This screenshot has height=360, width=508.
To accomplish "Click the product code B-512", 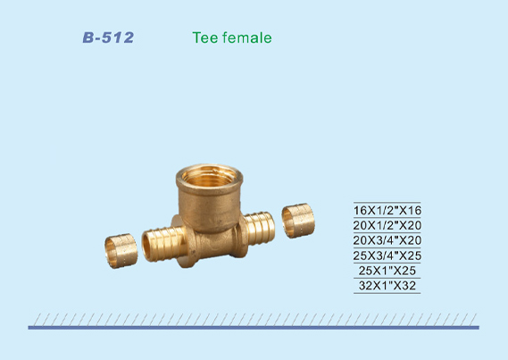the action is click(x=108, y=38).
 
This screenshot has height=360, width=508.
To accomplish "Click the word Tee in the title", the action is click(x=204, y=38).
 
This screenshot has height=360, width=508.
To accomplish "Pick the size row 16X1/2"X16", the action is click(x=387, y=210).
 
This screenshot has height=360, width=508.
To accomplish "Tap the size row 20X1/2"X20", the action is click(x=387, y=225).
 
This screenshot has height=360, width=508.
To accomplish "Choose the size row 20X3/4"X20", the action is click(x=387, y=240).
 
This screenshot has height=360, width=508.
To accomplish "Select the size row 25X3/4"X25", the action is click(x=387, y=255).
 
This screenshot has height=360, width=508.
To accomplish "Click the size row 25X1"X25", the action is click(x=387, y=271).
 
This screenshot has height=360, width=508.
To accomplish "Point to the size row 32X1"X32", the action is click(x=387, y=286).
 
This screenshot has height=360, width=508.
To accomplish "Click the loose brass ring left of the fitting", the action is click(x=121, y=251).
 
